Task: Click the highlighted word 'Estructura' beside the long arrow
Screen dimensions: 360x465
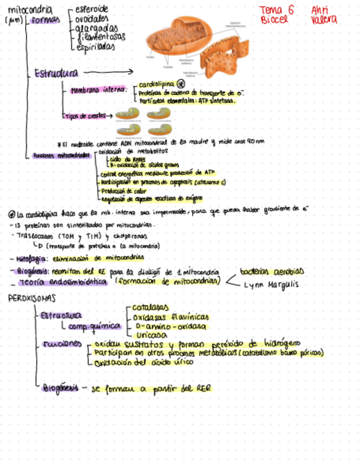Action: tap(55, 73)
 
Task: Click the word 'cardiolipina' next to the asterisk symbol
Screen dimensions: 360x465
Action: tap(156, 84)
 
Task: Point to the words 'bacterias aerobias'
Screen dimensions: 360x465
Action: tap(272, 271)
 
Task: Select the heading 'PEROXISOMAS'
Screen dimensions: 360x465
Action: tap(31, 298)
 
